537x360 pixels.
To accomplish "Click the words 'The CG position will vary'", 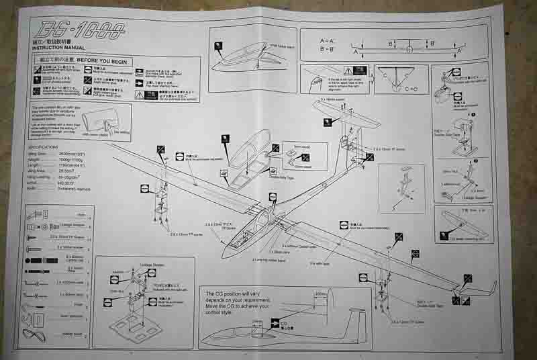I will pyautogui.click(x=246, y=294).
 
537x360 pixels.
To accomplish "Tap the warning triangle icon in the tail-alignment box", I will pyautogui.click(x=349, y=70).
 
